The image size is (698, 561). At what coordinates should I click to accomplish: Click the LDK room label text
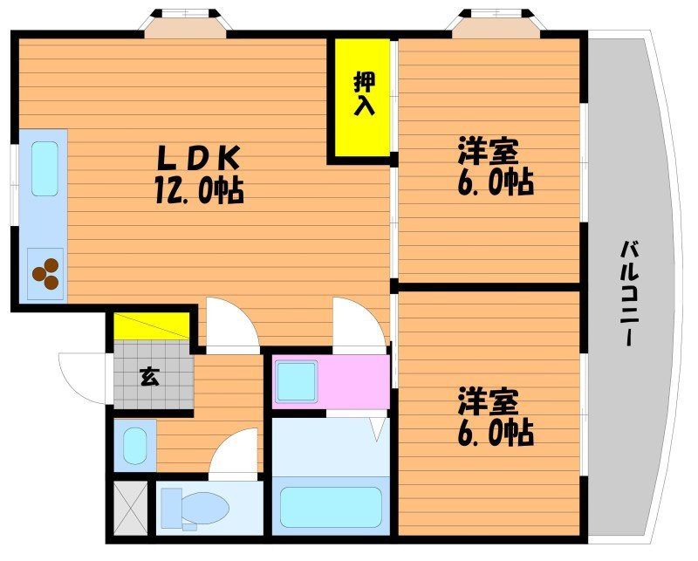pyautogui.click(x=198, y=158)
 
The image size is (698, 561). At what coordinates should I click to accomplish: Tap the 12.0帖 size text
pyautogui.click(x=200, y=189)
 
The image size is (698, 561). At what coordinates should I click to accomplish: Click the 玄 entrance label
pyautogui.click(x=149, y=377)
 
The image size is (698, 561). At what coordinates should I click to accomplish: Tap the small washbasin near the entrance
pyautogui.click(x=134, y=446)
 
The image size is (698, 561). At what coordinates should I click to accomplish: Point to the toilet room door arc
pyautogui.click(x=234, y=454)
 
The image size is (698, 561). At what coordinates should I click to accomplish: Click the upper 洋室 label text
pyautogui.click(x=489, y=152)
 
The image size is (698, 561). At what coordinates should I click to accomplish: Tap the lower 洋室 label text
pyautogui.click(x=489, y=402)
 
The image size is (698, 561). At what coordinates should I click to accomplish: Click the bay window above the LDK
pyautogui.click(x=186, y=22)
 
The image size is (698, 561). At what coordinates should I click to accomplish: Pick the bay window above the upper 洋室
pyautogui.click(x=493, y=22)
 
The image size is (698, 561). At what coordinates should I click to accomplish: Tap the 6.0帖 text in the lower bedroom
pyautogui.click(x=494, y=433)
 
